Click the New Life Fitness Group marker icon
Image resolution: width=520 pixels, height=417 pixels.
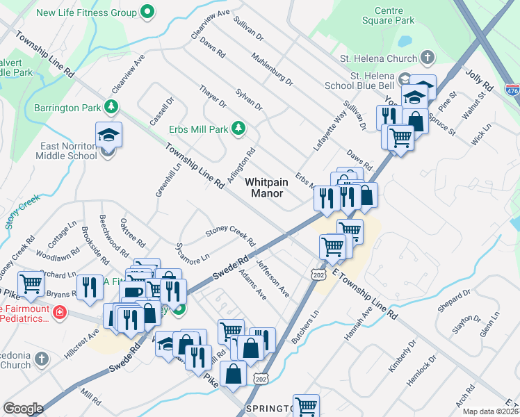147,12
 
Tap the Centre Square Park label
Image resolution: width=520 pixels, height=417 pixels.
394,16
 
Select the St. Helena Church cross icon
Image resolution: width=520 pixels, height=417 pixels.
428,58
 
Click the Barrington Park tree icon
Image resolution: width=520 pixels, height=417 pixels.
110,107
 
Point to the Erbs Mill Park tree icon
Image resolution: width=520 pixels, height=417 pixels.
238,129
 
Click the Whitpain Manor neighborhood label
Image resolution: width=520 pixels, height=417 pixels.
264,187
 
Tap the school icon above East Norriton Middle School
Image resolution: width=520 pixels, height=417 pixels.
108,134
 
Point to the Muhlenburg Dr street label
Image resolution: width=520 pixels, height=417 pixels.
272,69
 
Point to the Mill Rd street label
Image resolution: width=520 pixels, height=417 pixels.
90,397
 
